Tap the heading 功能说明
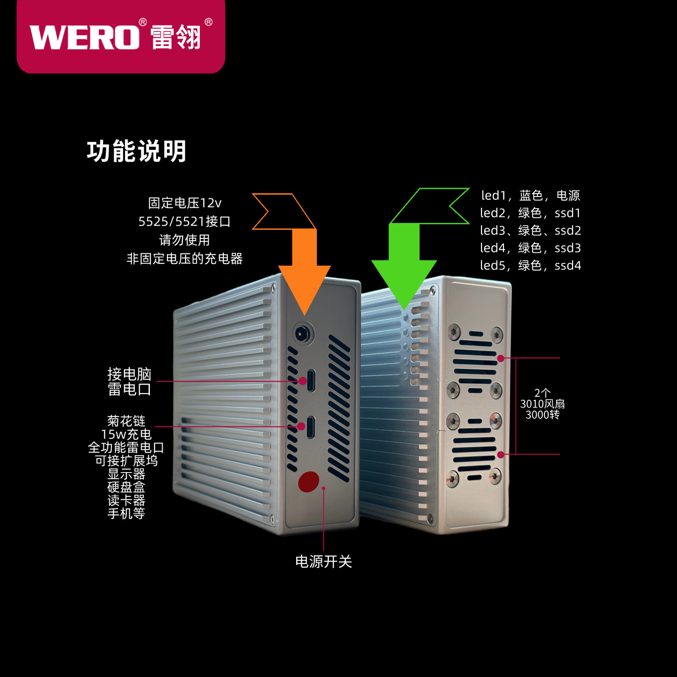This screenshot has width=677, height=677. point(137,151)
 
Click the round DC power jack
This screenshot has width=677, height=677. point(303,333)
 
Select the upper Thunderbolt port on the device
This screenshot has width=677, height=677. point(311,380)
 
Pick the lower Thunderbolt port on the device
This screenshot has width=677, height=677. point(310,427)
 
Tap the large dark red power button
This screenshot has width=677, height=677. point(308,482)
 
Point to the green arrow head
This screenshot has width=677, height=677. point(404,283)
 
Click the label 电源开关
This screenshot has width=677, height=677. point(323,561)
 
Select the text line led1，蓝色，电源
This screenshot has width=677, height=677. point(530,195)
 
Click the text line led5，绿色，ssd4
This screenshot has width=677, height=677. point(530,265)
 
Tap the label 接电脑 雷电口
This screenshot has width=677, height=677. point(129,382)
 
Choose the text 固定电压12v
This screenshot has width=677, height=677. point(185,203)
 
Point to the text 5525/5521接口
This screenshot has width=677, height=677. point(184,221)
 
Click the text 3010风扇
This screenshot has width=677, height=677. point(543,404)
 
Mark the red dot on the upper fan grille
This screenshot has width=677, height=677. point(501,358)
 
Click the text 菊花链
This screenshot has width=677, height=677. point(126,421)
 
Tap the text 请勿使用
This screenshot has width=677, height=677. point(184,240)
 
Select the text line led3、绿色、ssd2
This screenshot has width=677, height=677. point(530,230)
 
